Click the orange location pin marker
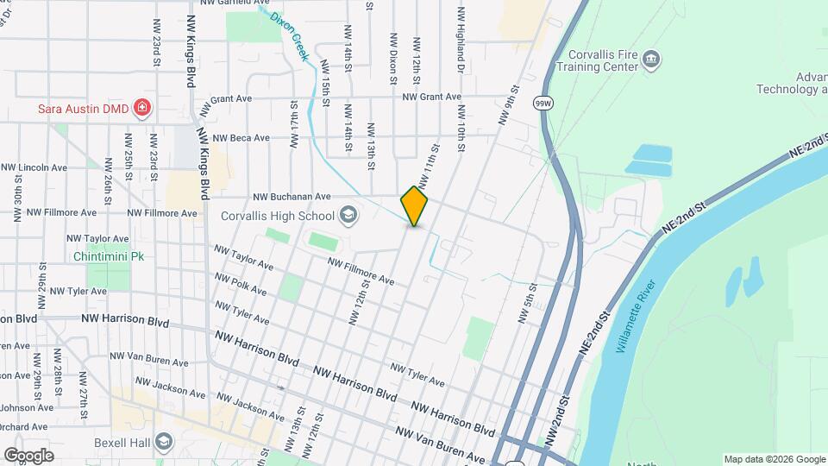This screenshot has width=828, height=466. (x=415, y=205)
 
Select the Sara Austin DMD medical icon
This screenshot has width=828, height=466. (x=142, y=109)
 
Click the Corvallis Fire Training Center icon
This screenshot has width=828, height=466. (x=652, y=59)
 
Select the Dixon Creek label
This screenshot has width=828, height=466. (x=290, y=35)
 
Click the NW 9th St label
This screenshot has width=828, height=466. (x=510, y=103)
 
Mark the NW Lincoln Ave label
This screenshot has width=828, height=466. (x=34, y=167)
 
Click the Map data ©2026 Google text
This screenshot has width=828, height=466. (x=774, y=458)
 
